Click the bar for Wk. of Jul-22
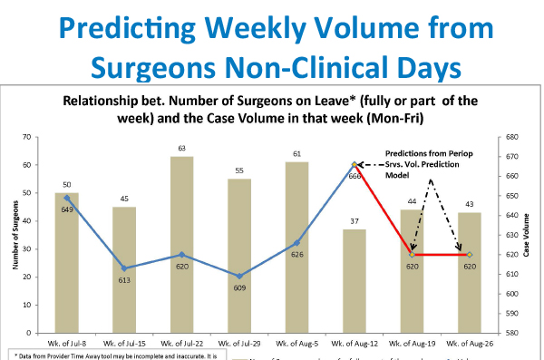(x=182, y=245)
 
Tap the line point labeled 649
(x=67, y=197)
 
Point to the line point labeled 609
(x=239, y=276)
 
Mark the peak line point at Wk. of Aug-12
(x=355, y=164)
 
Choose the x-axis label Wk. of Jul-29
(x=239, y=345)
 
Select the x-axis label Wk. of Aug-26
(x=470, y=345)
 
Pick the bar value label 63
(x=182, y=148)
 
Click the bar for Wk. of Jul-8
(x=67, y=263)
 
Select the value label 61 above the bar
(x=296, y=154)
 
